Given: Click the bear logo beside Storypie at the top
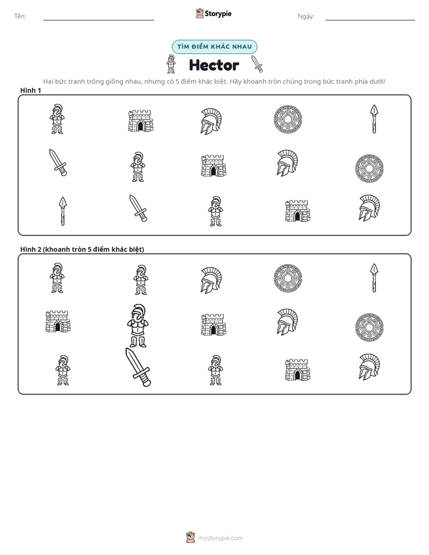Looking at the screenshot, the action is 199,13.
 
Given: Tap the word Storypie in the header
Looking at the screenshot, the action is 218,14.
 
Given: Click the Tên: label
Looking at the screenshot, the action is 20,16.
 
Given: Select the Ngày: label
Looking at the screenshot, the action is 306,16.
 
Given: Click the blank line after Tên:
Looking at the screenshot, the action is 99,20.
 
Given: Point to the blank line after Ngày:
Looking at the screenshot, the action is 370,20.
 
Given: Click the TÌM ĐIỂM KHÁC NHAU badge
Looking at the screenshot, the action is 214,47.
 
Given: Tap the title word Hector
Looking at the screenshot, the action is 214,65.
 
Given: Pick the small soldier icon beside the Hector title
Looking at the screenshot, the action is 171,64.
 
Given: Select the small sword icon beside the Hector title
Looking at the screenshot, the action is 257,64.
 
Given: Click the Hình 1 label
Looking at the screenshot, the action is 31,91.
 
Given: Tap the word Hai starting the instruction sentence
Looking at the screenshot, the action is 48,82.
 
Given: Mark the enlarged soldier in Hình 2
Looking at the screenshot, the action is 138,326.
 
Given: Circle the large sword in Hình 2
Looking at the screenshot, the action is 138,367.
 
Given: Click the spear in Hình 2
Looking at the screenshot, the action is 374,278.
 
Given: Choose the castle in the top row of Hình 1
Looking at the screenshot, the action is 141,121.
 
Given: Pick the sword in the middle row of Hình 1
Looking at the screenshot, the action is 58,162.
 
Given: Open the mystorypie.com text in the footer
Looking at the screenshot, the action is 220,538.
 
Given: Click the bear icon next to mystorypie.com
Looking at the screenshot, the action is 190,538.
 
